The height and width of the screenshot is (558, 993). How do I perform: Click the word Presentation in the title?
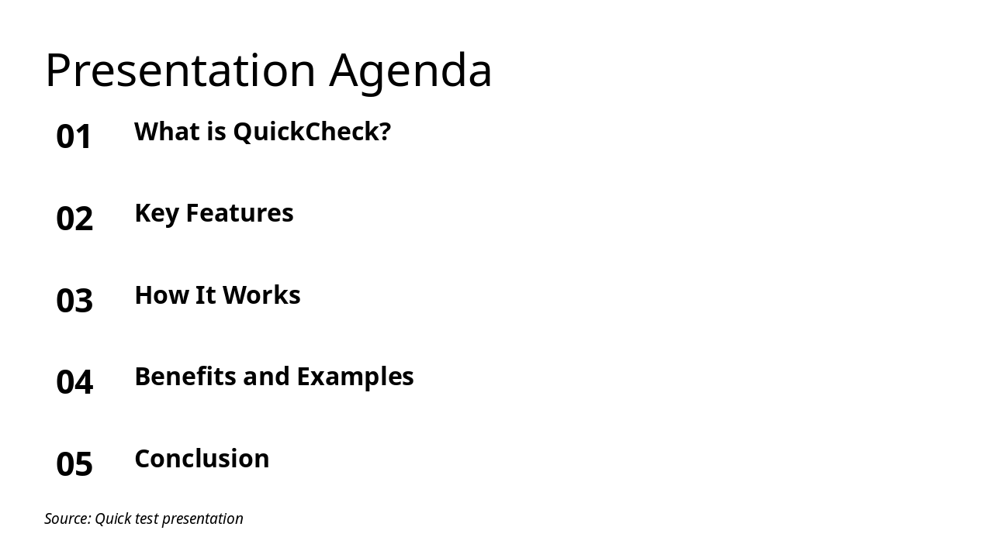(180, 71)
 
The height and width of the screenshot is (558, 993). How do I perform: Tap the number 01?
(74, 136)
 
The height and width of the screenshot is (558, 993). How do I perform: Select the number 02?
(74, 219)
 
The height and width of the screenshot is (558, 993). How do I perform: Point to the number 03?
(74, 301)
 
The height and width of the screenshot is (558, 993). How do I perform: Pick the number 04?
(74, 382)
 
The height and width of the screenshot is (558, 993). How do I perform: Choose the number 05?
(74, 464)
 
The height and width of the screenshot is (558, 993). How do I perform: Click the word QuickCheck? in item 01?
(312, 132)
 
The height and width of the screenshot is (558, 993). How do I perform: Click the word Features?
(240, 213)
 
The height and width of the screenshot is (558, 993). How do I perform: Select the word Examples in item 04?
(355, 377)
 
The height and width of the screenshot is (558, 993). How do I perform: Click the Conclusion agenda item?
(202, 459)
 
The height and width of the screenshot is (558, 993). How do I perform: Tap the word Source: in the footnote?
(67, 519)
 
